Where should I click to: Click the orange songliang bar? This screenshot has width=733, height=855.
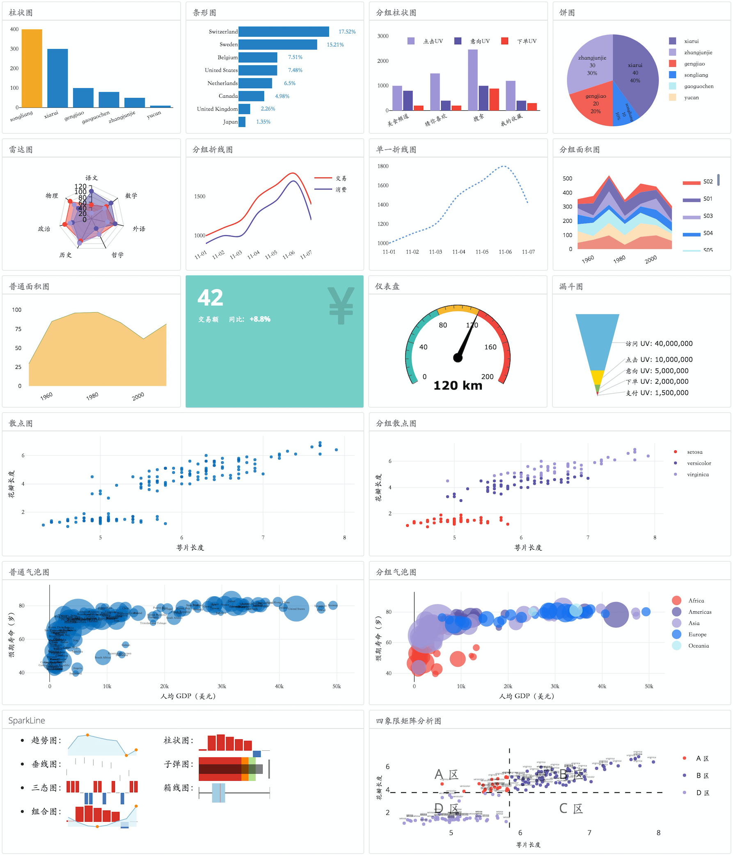[32, 68]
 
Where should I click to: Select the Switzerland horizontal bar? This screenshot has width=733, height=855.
[284, 32]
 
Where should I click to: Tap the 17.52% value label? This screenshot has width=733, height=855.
[347, 32]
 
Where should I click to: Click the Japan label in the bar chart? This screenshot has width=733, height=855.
[230, 122]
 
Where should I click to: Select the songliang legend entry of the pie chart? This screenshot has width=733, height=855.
[695, 75]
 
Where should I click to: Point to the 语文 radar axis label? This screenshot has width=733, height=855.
[92, 178]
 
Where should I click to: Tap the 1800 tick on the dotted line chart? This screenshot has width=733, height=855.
[383, 166]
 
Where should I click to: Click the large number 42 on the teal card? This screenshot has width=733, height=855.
[210, 297]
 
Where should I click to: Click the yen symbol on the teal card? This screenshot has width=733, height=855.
[341, 305]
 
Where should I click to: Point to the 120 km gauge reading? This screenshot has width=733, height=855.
[458, 385]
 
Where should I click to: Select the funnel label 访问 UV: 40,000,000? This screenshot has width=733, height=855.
[659, 343]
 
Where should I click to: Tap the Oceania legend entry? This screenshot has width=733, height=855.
[698, 645]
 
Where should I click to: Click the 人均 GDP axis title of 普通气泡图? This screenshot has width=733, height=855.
[188, 696]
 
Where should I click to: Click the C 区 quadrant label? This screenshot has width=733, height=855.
[571, 808]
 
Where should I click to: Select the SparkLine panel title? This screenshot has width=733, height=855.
[27, 720]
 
